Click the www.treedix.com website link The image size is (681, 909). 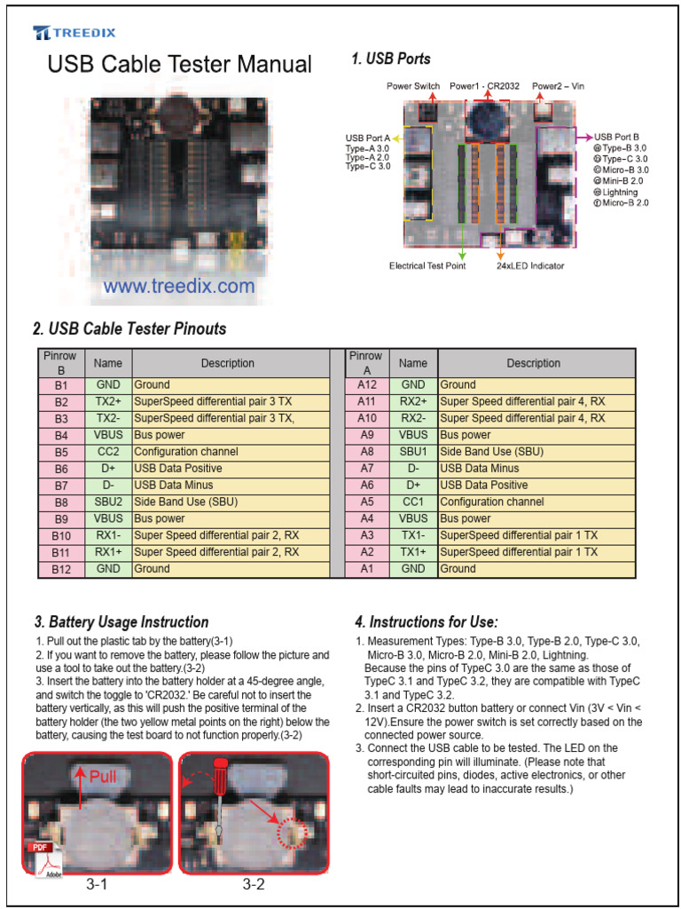178,287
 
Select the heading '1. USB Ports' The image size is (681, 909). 391,59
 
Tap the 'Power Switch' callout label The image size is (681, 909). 413,86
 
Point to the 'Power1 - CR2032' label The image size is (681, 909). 486,86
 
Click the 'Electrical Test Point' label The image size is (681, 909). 426,265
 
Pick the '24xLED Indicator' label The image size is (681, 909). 530,265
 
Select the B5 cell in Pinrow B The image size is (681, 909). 61,452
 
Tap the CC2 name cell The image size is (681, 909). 108,452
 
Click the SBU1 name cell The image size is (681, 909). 413,452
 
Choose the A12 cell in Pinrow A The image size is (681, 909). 367,385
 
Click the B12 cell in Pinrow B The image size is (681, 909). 61,569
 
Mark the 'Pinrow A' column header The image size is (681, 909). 367,363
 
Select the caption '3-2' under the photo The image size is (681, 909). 254,885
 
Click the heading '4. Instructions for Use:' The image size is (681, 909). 426,622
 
